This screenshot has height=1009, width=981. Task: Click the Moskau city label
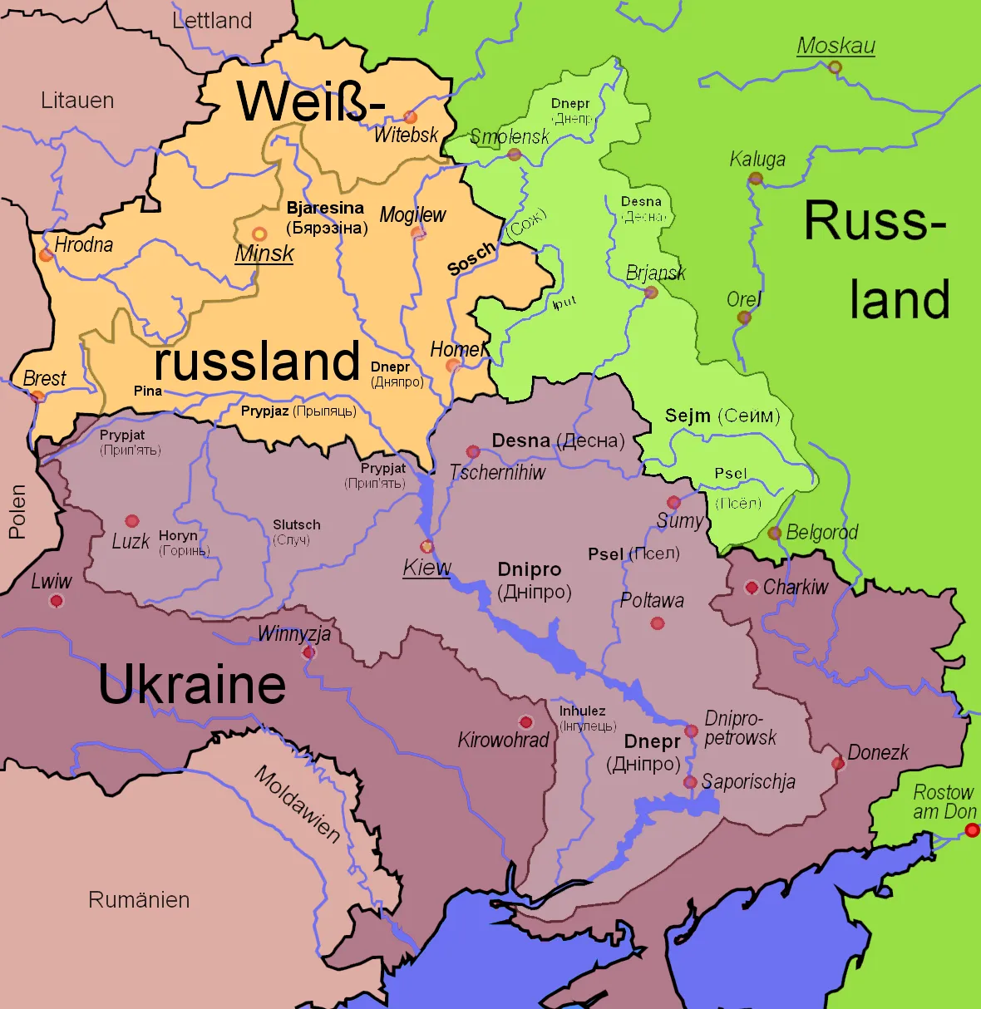836,46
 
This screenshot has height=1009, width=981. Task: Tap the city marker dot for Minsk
259,234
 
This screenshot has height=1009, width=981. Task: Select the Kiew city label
426,568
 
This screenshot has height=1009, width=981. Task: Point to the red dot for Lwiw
57,601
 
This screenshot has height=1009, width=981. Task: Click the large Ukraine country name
192,685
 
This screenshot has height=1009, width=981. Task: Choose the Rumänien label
139,899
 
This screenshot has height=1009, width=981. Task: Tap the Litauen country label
77,101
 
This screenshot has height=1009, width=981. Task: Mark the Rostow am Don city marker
972,829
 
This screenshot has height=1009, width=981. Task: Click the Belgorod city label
821,532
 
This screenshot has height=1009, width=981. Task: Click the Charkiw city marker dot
752,588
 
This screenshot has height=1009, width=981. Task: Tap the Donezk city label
878,752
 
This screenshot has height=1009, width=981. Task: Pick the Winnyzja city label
294,634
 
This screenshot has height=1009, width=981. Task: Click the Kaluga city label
757,159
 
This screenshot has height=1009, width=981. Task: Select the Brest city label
44,378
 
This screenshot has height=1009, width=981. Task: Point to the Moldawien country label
297,804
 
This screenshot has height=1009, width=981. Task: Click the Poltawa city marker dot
658,623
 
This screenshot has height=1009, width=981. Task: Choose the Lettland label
212,21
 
